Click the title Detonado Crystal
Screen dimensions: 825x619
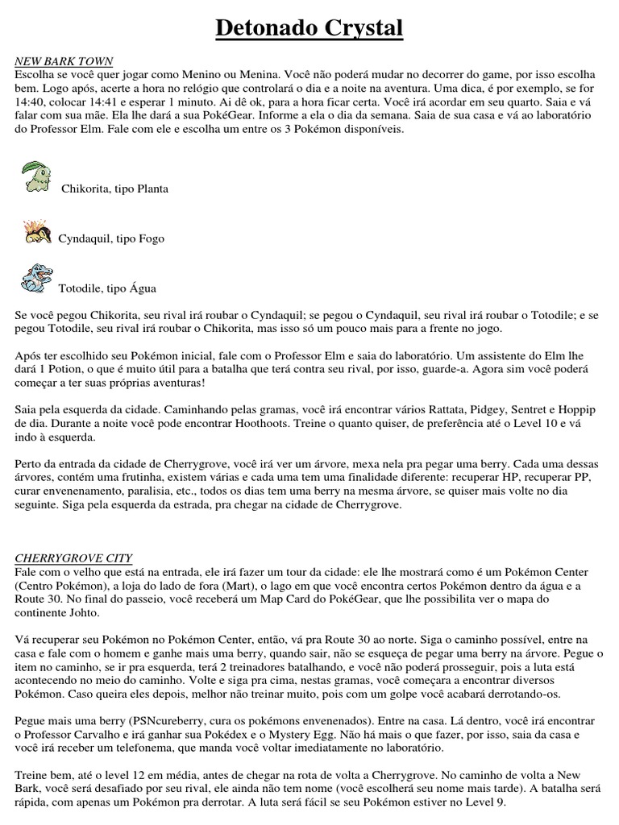coord(309,30)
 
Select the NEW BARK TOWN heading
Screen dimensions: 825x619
coord(64,61)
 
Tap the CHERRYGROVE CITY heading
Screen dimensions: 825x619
coord(73,558)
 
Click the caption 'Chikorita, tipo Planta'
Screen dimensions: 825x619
coord(115,189)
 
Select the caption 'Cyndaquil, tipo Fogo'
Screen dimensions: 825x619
coord(110,238)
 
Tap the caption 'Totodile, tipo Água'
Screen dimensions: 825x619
coord(108,288)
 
